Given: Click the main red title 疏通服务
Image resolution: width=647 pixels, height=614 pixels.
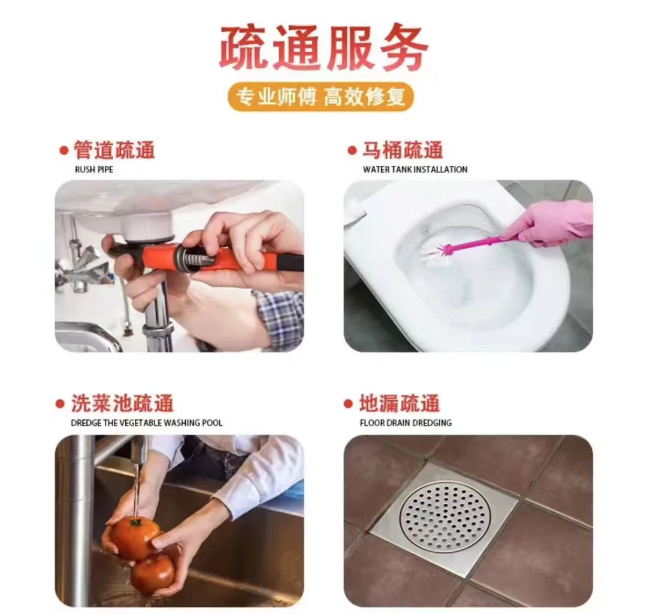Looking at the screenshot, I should (323, 48).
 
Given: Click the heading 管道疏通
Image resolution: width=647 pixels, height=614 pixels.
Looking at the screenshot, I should (114, 150).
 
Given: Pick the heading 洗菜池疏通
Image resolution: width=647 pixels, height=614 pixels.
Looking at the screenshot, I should (122, 403).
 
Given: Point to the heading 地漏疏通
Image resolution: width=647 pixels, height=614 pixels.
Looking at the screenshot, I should (400, 403).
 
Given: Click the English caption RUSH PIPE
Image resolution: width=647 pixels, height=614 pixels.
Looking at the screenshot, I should (94, 170).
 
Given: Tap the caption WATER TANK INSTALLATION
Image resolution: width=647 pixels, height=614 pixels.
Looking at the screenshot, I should (415, 170).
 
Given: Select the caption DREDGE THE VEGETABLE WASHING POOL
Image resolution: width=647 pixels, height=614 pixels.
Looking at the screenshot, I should (147, 423).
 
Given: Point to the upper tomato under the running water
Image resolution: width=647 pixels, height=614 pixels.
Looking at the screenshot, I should (135, 537).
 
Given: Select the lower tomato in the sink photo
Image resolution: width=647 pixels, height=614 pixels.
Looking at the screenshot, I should (153, 573).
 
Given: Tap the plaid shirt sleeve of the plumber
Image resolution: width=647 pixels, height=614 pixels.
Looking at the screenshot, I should (279, 317).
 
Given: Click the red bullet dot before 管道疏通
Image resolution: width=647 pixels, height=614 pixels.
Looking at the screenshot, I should (64, 150).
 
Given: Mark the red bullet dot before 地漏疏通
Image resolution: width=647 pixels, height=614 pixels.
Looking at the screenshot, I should (348, 404).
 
